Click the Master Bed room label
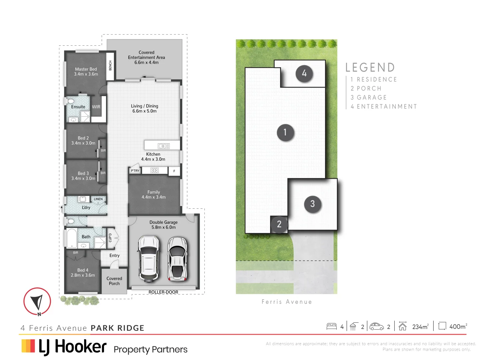tap(86, 72)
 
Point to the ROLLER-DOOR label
tap(163, 292)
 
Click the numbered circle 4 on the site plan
tap(304, 73)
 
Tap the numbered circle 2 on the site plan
tap(279, 224)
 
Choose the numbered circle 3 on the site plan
tap(312, 204)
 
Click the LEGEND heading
tap(370, 67)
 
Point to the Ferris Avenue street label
tap(287, 302)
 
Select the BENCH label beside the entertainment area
tap(110, 66)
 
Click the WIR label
tap(96, 107)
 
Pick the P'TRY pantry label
tap(135, 171)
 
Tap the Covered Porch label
tap(114, 281)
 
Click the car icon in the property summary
tap(377, 326)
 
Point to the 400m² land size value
tap(458, 327)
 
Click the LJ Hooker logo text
tap(73, 347)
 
